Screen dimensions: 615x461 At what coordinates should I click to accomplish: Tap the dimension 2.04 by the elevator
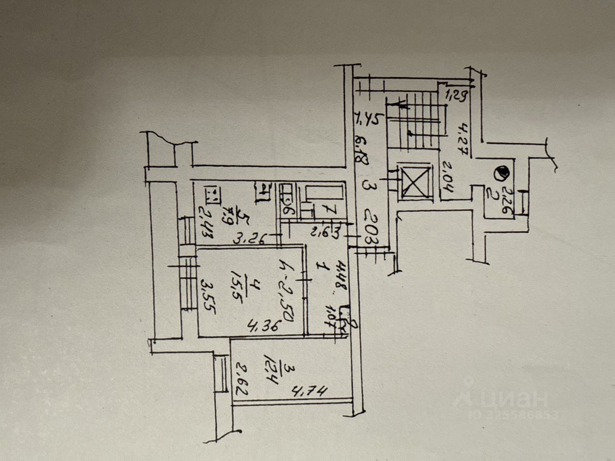pyautogui.click(x=444, y=177)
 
